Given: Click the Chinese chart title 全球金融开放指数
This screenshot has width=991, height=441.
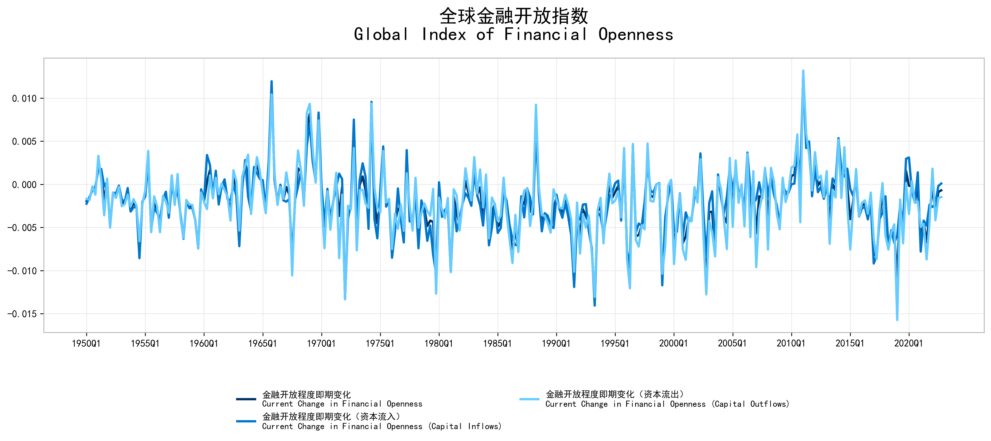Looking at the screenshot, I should pyautogui.click(x=514, y=16).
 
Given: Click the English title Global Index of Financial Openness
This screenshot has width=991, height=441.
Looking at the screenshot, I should pyautogui.click(x=514, y=35).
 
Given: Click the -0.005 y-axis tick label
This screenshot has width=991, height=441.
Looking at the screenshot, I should pyautogui.click(x=22, y=228).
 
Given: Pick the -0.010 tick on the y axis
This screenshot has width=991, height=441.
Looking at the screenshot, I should pyautogui.click(x=22, y=271).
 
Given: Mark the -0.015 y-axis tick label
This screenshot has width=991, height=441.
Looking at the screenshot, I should pyautogui.click(x=22, y=314).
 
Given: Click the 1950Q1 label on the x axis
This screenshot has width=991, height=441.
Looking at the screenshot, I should pyautogui.click(x=86, y=343).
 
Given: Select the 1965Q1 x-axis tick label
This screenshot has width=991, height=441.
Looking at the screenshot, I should pyautogui.click(x=262, y=343).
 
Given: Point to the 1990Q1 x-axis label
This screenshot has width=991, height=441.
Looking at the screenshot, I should pyautogui.click(x=556, y=343).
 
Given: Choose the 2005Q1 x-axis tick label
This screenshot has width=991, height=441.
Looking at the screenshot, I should pyautogui.click(x=732, y=343).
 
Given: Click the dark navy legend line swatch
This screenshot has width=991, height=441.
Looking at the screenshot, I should pyautogui.click(x=246, y=399).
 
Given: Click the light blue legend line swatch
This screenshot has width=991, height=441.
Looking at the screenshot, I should pyautogui.click(x=529, y=399).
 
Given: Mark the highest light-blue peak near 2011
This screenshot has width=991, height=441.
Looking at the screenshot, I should pyautogui.click(x=803, y=71).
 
